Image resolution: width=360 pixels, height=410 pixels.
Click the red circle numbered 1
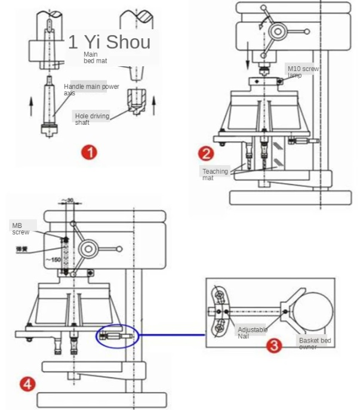90,152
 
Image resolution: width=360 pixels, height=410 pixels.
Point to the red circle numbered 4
27,383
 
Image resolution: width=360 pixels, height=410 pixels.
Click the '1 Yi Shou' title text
109,42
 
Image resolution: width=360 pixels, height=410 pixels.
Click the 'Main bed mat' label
93,57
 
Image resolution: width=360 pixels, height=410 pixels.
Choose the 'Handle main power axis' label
91,90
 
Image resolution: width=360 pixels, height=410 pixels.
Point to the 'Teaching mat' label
215,174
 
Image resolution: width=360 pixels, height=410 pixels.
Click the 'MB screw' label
20,229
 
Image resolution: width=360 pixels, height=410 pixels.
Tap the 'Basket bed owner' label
315,344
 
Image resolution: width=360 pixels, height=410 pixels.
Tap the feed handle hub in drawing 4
88,249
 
